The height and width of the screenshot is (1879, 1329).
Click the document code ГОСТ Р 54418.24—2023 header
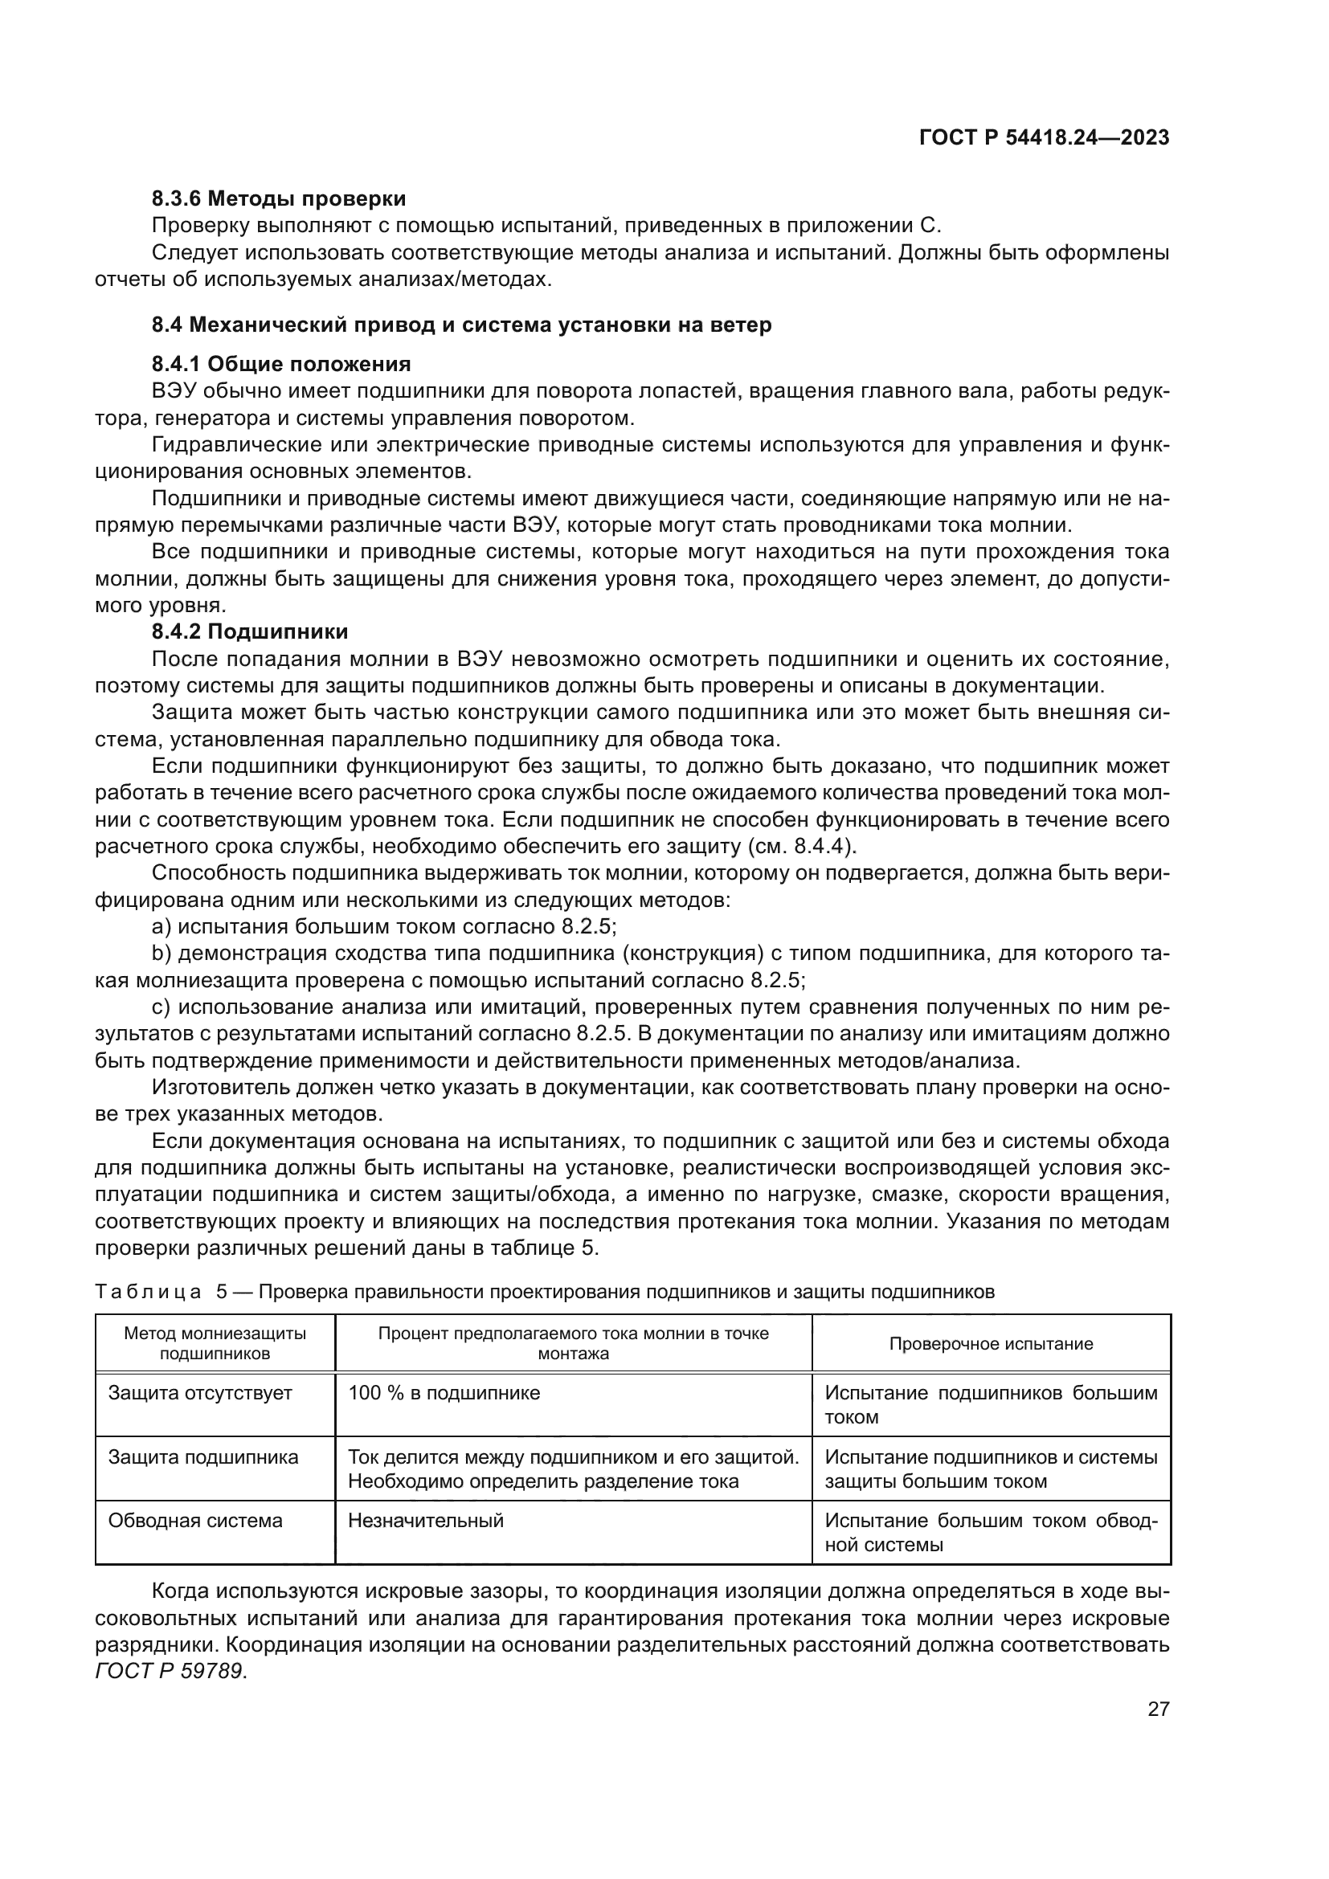coord(1045,138)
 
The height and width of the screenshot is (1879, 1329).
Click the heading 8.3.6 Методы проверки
coord(279,199)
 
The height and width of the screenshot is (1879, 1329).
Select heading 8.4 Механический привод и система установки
coord(461,325)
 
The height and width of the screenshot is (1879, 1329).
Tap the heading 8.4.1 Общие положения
coord(281,364)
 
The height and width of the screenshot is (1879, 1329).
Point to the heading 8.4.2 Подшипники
coord(251,631)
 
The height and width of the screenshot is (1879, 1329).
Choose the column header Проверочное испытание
coord(990,1344)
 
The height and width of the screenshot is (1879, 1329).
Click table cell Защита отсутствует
coord(200,1393)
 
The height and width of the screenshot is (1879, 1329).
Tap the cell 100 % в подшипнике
coord(444,1393)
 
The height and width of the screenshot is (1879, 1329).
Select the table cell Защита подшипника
coord(203,1456)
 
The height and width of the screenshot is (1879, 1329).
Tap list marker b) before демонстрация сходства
coord(161,954)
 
